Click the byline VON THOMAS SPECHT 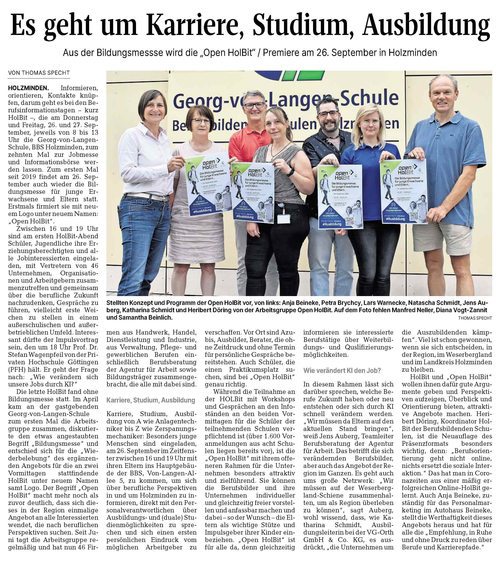[x=39, y=73]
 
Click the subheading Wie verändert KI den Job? [x=342, y=370]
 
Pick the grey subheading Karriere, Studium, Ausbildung [x=151, y=400]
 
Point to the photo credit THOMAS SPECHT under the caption [x=475, y=318]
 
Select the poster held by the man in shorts [x=403, y=192]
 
